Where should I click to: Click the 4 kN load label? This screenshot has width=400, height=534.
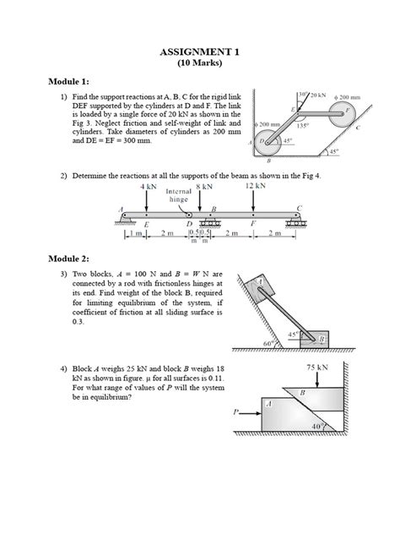(148, 186)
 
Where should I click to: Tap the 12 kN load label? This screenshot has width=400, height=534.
(256, 186)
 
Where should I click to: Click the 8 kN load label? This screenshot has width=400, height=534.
(203, 186)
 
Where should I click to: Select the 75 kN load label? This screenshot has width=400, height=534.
(316, 368)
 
